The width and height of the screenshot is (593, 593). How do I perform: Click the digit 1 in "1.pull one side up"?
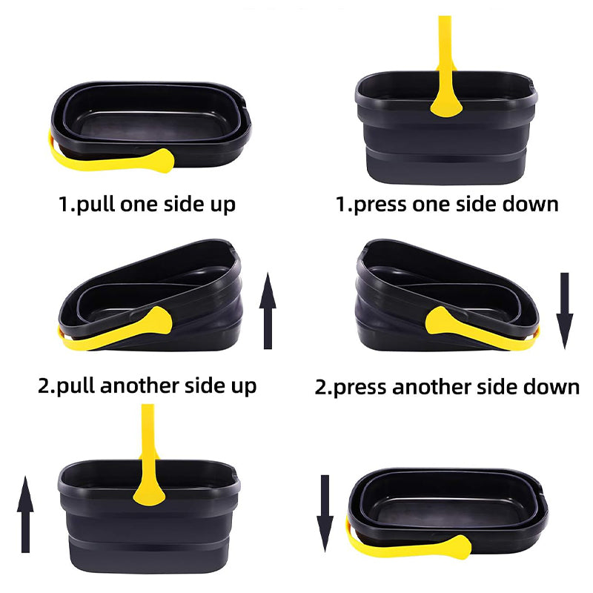click(x=64, y=204)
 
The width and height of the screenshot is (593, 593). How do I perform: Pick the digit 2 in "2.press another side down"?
click(x=320, y=387)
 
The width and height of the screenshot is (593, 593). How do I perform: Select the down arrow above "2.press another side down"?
click(x=565, y=310)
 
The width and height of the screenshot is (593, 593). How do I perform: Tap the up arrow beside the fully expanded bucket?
click(x=26, y=514)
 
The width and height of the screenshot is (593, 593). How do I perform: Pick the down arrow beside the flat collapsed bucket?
click(x=325, y=511)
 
